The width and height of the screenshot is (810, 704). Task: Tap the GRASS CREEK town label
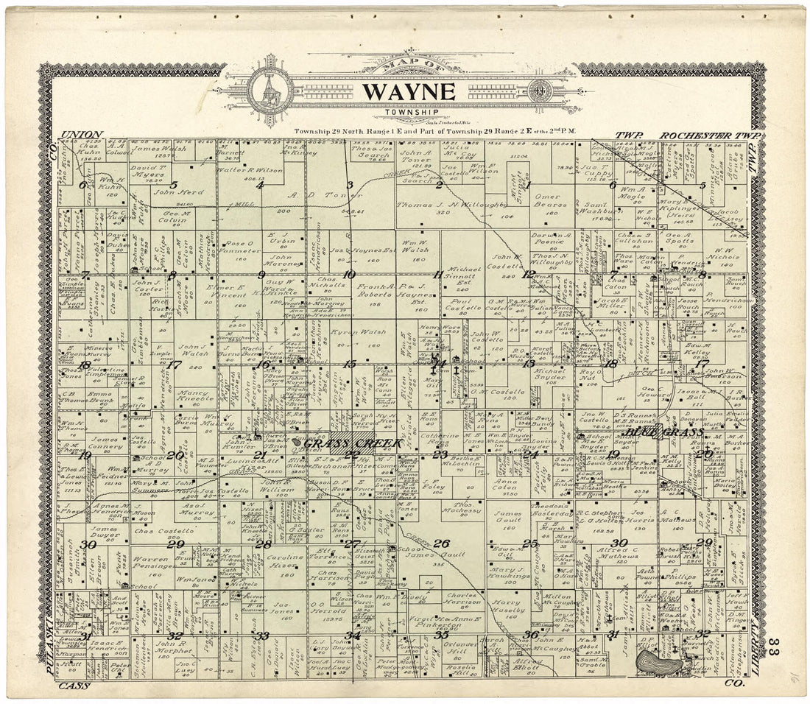coord(353,443)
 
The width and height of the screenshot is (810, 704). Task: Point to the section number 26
coord(441,544)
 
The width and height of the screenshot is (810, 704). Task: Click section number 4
coord(259,186)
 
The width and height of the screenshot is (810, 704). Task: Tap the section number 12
coord(527,275)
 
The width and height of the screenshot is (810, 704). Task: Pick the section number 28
coord(263,545)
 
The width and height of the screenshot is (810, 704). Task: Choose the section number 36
coord(530,635)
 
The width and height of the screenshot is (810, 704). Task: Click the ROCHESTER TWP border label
coord(702,135)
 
